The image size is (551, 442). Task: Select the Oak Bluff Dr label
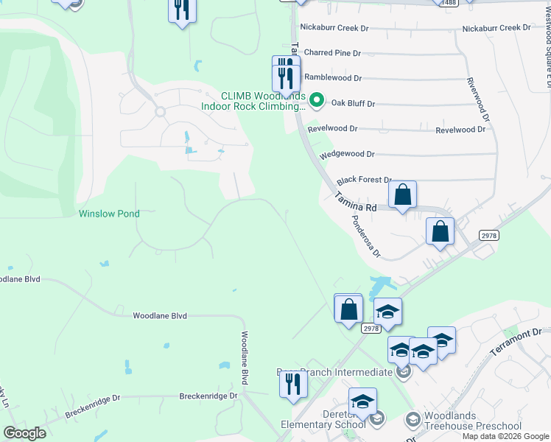pos(353,104)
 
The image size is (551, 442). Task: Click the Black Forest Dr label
pos(364,180)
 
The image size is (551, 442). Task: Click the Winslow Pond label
pos(109,214)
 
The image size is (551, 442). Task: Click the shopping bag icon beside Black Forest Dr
pos(402,196)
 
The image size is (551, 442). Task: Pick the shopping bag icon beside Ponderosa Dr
pos(440,231)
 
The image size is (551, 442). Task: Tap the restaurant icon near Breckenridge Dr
pos(293,384)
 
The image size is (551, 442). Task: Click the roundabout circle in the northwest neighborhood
pos(159,112)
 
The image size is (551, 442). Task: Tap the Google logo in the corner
pos(24,433)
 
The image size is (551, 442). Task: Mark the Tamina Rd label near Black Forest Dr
pos(356,203)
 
